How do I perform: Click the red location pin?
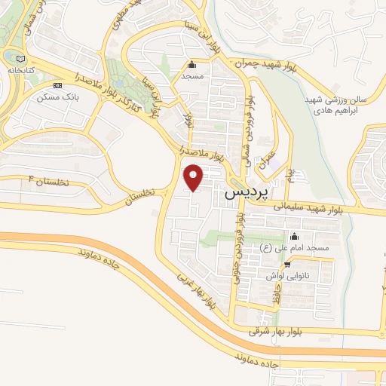(x=194, y=179)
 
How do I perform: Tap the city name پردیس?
(x=247, y=194)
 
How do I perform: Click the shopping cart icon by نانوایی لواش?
(x=286, y=266)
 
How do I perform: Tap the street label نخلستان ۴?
(x=42, y=182)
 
